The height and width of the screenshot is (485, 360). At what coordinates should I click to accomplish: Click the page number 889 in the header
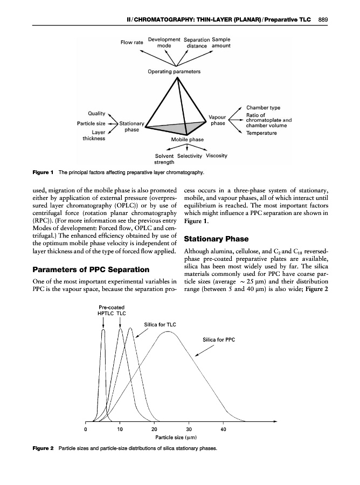coord(323,20)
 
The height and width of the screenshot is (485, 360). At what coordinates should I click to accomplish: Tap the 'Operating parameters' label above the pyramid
coord(174,72)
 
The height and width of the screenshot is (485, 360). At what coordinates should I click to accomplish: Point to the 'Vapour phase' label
coord(218,120)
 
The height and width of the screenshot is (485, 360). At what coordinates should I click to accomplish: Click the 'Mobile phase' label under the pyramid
coord(187,140)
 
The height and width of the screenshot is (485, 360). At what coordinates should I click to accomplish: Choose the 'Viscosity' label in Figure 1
coord(217,156)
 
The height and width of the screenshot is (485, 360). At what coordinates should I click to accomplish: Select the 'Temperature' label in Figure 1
coord(263,133)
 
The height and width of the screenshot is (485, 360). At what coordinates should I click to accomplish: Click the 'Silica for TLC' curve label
coord(160,324)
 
